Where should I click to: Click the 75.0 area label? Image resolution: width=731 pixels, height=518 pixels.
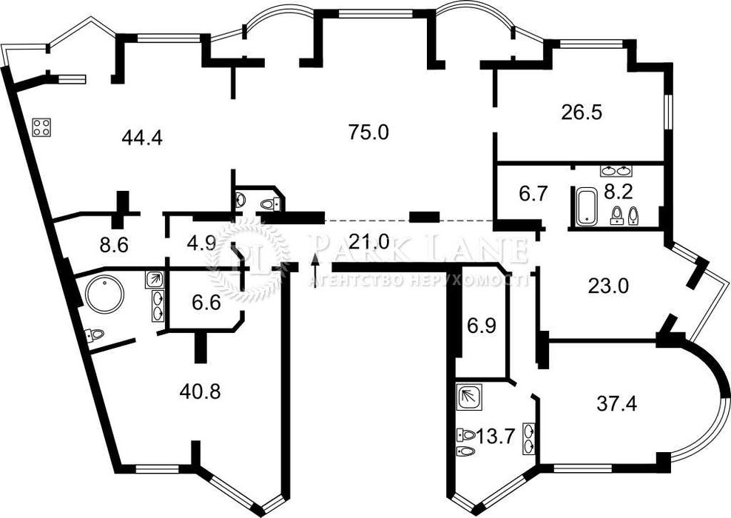[x=368, y=133]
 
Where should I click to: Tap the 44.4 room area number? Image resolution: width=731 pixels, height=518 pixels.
[x=142, y=138]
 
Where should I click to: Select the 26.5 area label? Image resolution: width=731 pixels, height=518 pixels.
[x=582, y=112]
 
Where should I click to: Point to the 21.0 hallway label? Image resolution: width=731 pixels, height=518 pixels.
[x=368, y=241]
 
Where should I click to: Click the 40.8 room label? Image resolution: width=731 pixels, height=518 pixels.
[x=200, y=392]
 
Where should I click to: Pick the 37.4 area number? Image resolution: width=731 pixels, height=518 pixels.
[x=617, y=404]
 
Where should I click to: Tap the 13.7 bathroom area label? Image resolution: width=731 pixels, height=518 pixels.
[x=495, y=437]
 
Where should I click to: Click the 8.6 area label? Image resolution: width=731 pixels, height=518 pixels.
[x=114, y=245]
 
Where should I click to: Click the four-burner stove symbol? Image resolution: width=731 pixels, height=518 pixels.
[x=41, y=127]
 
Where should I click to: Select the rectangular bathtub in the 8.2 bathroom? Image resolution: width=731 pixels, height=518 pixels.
[x=585, y=206]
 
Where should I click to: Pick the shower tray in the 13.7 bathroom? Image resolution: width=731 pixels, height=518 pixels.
[x=470, y=397]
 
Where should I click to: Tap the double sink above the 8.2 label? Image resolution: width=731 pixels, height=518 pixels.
[x=616, y=171]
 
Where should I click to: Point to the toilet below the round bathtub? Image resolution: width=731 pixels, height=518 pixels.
[x=94, y=334]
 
